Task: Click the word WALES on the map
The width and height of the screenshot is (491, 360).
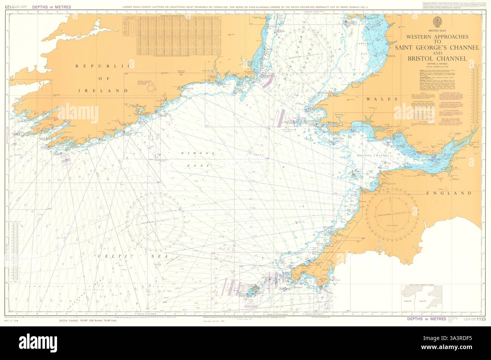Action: tap(382, 99)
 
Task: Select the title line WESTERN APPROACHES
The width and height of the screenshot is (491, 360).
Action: tap(437, 37)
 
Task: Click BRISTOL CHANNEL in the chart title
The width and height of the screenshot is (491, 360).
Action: tap(437, 59)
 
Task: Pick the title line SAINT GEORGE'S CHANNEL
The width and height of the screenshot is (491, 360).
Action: tap(437, 48)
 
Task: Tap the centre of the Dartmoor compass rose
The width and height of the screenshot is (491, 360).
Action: tap(393, 214)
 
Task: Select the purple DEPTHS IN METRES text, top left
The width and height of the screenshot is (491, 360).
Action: tap(52, 7)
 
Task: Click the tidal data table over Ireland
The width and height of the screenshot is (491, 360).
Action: tap(174, 37)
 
